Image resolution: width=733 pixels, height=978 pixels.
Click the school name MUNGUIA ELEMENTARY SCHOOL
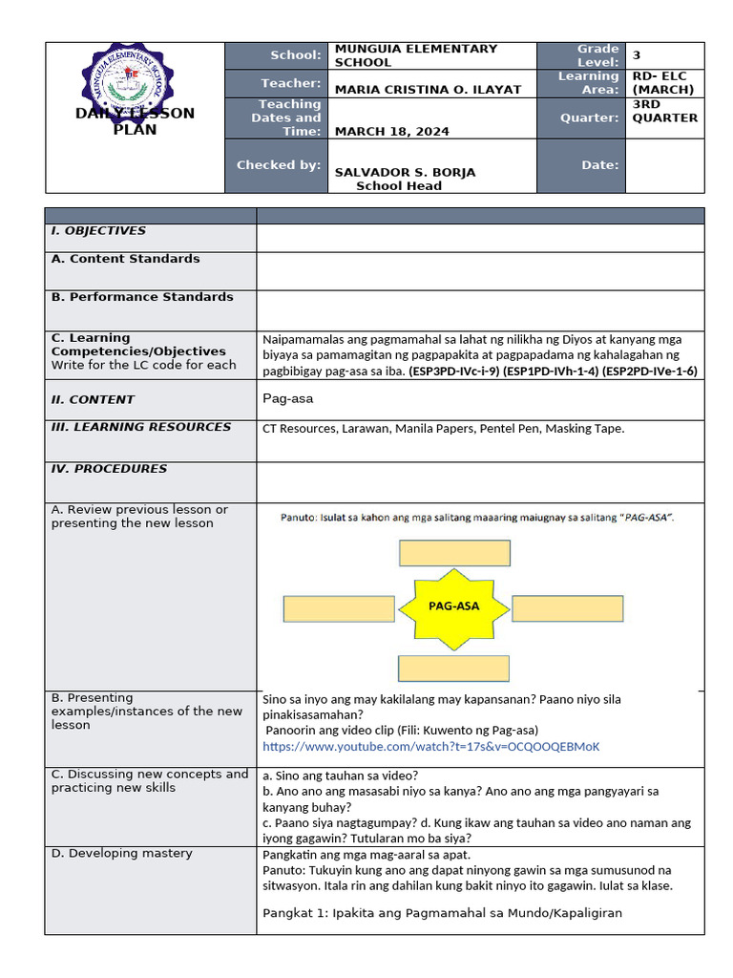[415, 55]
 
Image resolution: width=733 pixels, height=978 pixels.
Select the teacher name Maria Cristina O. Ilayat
[428, 90]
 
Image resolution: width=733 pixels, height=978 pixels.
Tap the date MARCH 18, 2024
[391, 132]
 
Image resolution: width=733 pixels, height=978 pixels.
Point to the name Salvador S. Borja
[405, 173]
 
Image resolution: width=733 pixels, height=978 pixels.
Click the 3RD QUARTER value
[664, 111]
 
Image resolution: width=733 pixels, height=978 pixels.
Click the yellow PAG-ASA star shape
[454, 606]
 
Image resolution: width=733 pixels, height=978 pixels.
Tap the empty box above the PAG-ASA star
[454, 553]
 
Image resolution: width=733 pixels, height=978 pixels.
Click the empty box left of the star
[339, 608]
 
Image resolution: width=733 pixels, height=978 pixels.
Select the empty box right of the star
[568, 607]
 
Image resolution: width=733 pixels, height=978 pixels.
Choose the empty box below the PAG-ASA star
[454, 669]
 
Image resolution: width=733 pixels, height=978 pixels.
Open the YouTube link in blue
[431, 747]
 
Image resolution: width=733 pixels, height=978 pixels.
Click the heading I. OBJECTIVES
[98, 231]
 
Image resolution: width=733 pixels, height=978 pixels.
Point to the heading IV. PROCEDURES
[109, 469]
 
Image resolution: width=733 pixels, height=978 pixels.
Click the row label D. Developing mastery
[121, 854]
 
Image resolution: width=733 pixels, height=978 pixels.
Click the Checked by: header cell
[278, 165]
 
